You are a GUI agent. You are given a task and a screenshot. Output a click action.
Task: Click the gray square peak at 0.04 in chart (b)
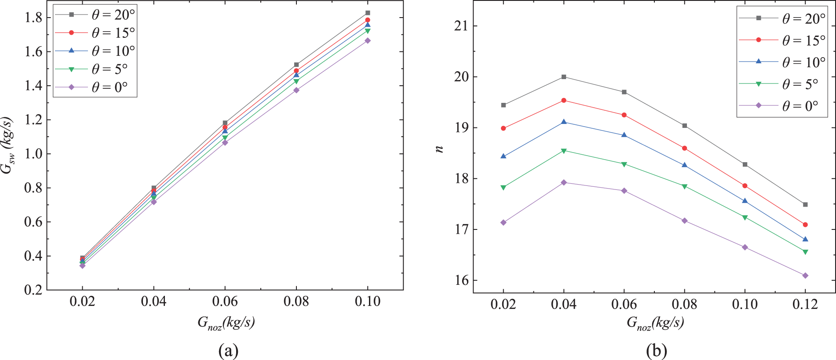564,77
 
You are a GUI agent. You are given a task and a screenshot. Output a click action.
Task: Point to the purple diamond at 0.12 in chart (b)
805,276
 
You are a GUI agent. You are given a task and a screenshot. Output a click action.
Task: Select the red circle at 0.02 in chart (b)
504,128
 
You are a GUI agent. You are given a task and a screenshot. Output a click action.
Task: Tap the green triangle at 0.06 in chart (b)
624,164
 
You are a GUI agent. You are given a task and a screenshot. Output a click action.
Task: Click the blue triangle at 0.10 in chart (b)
745,201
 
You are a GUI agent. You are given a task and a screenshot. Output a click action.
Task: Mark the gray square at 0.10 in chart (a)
368,13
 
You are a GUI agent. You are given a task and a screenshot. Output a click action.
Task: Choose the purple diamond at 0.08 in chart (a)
296,90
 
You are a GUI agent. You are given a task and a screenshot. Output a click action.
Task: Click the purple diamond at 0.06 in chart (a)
225,142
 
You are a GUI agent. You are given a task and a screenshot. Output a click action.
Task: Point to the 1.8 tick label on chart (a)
33,18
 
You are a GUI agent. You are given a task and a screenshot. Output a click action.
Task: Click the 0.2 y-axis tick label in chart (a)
33,290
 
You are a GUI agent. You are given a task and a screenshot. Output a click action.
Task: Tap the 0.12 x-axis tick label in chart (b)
805,304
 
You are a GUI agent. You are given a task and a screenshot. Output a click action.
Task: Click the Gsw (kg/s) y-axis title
8,145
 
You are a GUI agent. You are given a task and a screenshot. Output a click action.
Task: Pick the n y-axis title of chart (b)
439,149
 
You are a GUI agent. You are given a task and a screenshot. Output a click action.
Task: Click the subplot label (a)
228,351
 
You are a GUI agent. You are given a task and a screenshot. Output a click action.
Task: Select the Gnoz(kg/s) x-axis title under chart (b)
655,323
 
